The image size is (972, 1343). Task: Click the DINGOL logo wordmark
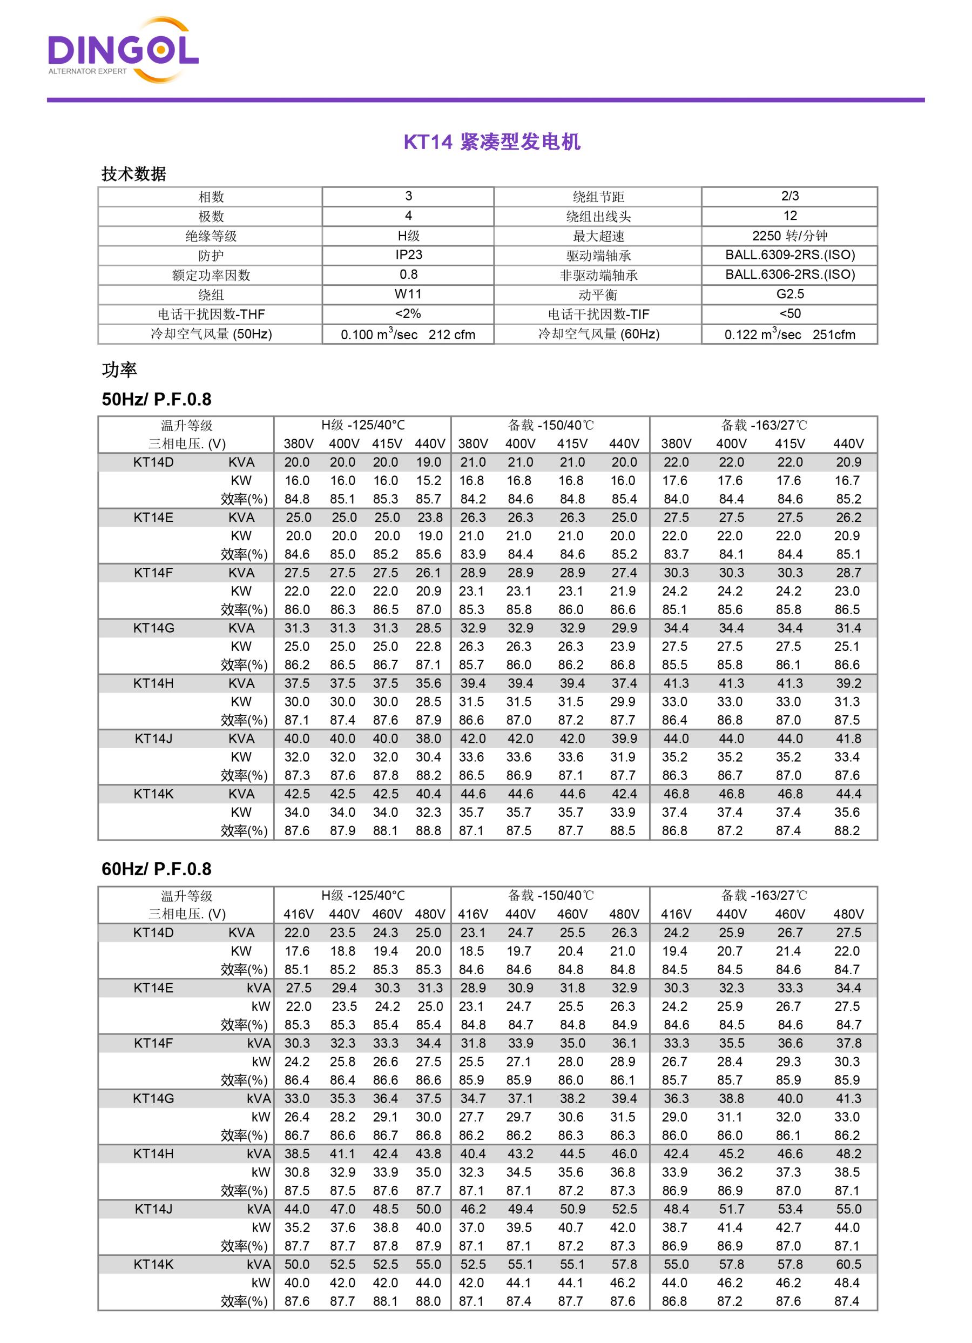coord(123,50)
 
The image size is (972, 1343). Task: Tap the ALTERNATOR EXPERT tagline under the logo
coord(87,72)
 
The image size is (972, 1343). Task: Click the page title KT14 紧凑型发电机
coord(491,142)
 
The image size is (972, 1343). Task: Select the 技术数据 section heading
coord(134,174)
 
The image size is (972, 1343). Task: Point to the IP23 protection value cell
coord(408,255)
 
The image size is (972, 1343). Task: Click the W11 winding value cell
coord(408,294)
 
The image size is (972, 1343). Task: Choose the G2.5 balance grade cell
coord(789,294)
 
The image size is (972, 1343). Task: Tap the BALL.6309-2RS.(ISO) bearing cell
coord(789,255)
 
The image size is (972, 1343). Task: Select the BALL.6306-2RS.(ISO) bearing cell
coord(789,275)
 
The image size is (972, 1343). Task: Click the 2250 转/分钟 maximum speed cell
coord(789,236)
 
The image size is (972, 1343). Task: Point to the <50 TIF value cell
coord(789,314)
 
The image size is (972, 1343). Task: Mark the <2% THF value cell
coord(408,314)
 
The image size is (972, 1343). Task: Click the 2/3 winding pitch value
coord(789,196)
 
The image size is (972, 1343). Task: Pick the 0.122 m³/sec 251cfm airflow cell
coord(789,334)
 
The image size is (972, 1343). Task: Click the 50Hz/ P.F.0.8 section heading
coord(156,399)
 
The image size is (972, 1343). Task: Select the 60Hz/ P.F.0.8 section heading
coord(156,869)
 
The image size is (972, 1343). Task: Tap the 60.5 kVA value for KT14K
coord(848,1265)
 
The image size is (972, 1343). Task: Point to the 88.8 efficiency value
coord(428,831)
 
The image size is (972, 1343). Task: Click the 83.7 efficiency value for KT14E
coord(676,554)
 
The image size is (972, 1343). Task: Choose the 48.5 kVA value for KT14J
coord(386,1209)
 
